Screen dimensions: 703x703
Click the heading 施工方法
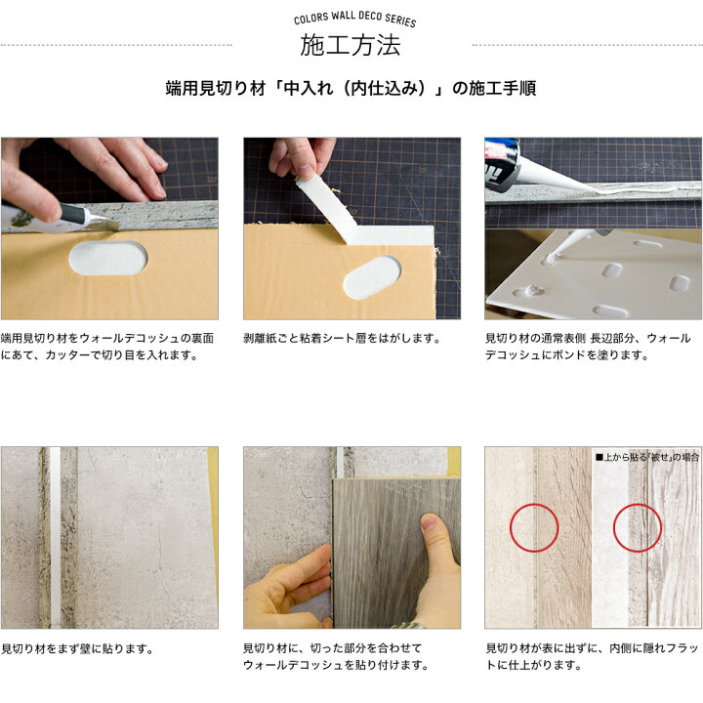coord(351,46)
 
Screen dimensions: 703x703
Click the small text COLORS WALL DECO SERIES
coord(354,20)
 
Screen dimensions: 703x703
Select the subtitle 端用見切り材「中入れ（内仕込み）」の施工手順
coord(351,89)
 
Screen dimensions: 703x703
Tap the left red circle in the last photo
coord(533,527)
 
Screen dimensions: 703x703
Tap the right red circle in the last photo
coord(637,527)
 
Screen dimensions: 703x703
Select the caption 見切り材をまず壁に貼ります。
coord(77,648)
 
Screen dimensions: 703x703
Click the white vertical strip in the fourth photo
coord(56,537)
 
